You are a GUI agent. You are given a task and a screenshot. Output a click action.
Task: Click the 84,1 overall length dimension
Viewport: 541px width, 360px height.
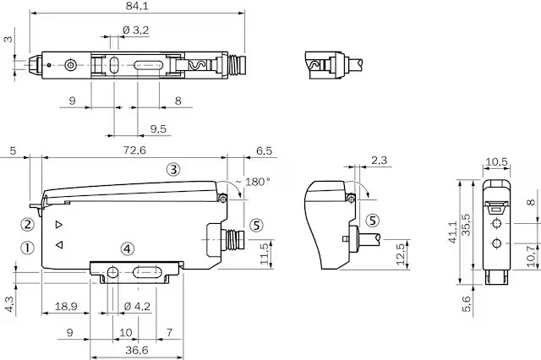point(137,6)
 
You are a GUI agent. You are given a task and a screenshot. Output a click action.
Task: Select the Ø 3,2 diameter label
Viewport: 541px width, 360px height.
point(135,30)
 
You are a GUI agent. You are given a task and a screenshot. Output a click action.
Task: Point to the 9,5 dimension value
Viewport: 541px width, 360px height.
point(158,129)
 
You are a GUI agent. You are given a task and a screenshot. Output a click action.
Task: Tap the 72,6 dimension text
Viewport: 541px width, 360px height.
point(134,150)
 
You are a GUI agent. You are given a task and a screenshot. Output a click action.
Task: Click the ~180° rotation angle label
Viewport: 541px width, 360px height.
point(252,182)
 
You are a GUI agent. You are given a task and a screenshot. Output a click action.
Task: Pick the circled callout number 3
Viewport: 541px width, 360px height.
point(173,169)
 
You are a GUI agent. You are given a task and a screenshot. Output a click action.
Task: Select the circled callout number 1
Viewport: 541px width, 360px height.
point(27,248)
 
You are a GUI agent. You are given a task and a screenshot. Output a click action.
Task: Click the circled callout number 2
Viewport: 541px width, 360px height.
point(28,225)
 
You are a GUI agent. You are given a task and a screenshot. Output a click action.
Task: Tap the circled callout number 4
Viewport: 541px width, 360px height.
point(128,248)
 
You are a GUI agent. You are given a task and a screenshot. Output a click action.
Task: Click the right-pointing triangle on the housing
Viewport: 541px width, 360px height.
point(58,225)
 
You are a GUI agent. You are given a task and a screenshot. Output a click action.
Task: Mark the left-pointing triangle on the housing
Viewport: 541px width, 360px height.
point(59,245)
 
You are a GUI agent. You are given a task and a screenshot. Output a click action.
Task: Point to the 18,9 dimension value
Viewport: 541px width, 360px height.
point(66,306)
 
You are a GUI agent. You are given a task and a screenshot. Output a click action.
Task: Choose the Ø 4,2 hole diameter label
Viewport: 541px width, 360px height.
point(137,306)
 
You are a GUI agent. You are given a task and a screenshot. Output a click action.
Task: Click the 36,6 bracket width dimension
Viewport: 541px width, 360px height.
point(137,351)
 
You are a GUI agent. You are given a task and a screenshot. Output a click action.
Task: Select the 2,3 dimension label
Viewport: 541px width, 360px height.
point(380,161)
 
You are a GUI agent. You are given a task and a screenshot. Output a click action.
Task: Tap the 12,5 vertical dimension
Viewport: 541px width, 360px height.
point(400,254)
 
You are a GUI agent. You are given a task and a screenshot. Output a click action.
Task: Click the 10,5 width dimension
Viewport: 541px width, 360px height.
point(496,161)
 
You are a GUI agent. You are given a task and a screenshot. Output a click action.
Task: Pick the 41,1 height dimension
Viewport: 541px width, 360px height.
point(453,232)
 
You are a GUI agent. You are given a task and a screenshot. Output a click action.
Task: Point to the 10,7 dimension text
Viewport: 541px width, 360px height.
point(532,255)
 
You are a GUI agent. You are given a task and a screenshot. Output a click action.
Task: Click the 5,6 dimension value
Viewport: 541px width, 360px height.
point(466,303)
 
